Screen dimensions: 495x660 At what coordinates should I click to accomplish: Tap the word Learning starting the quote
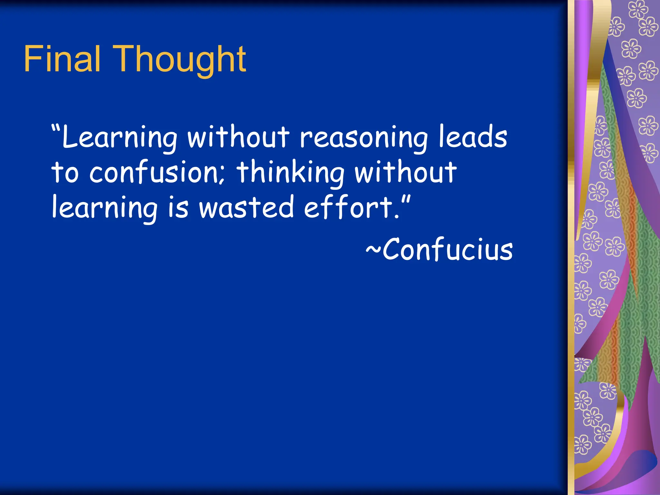(x=119, y=138)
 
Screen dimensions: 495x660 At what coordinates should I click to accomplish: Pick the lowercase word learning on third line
(x=105, y=209)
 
